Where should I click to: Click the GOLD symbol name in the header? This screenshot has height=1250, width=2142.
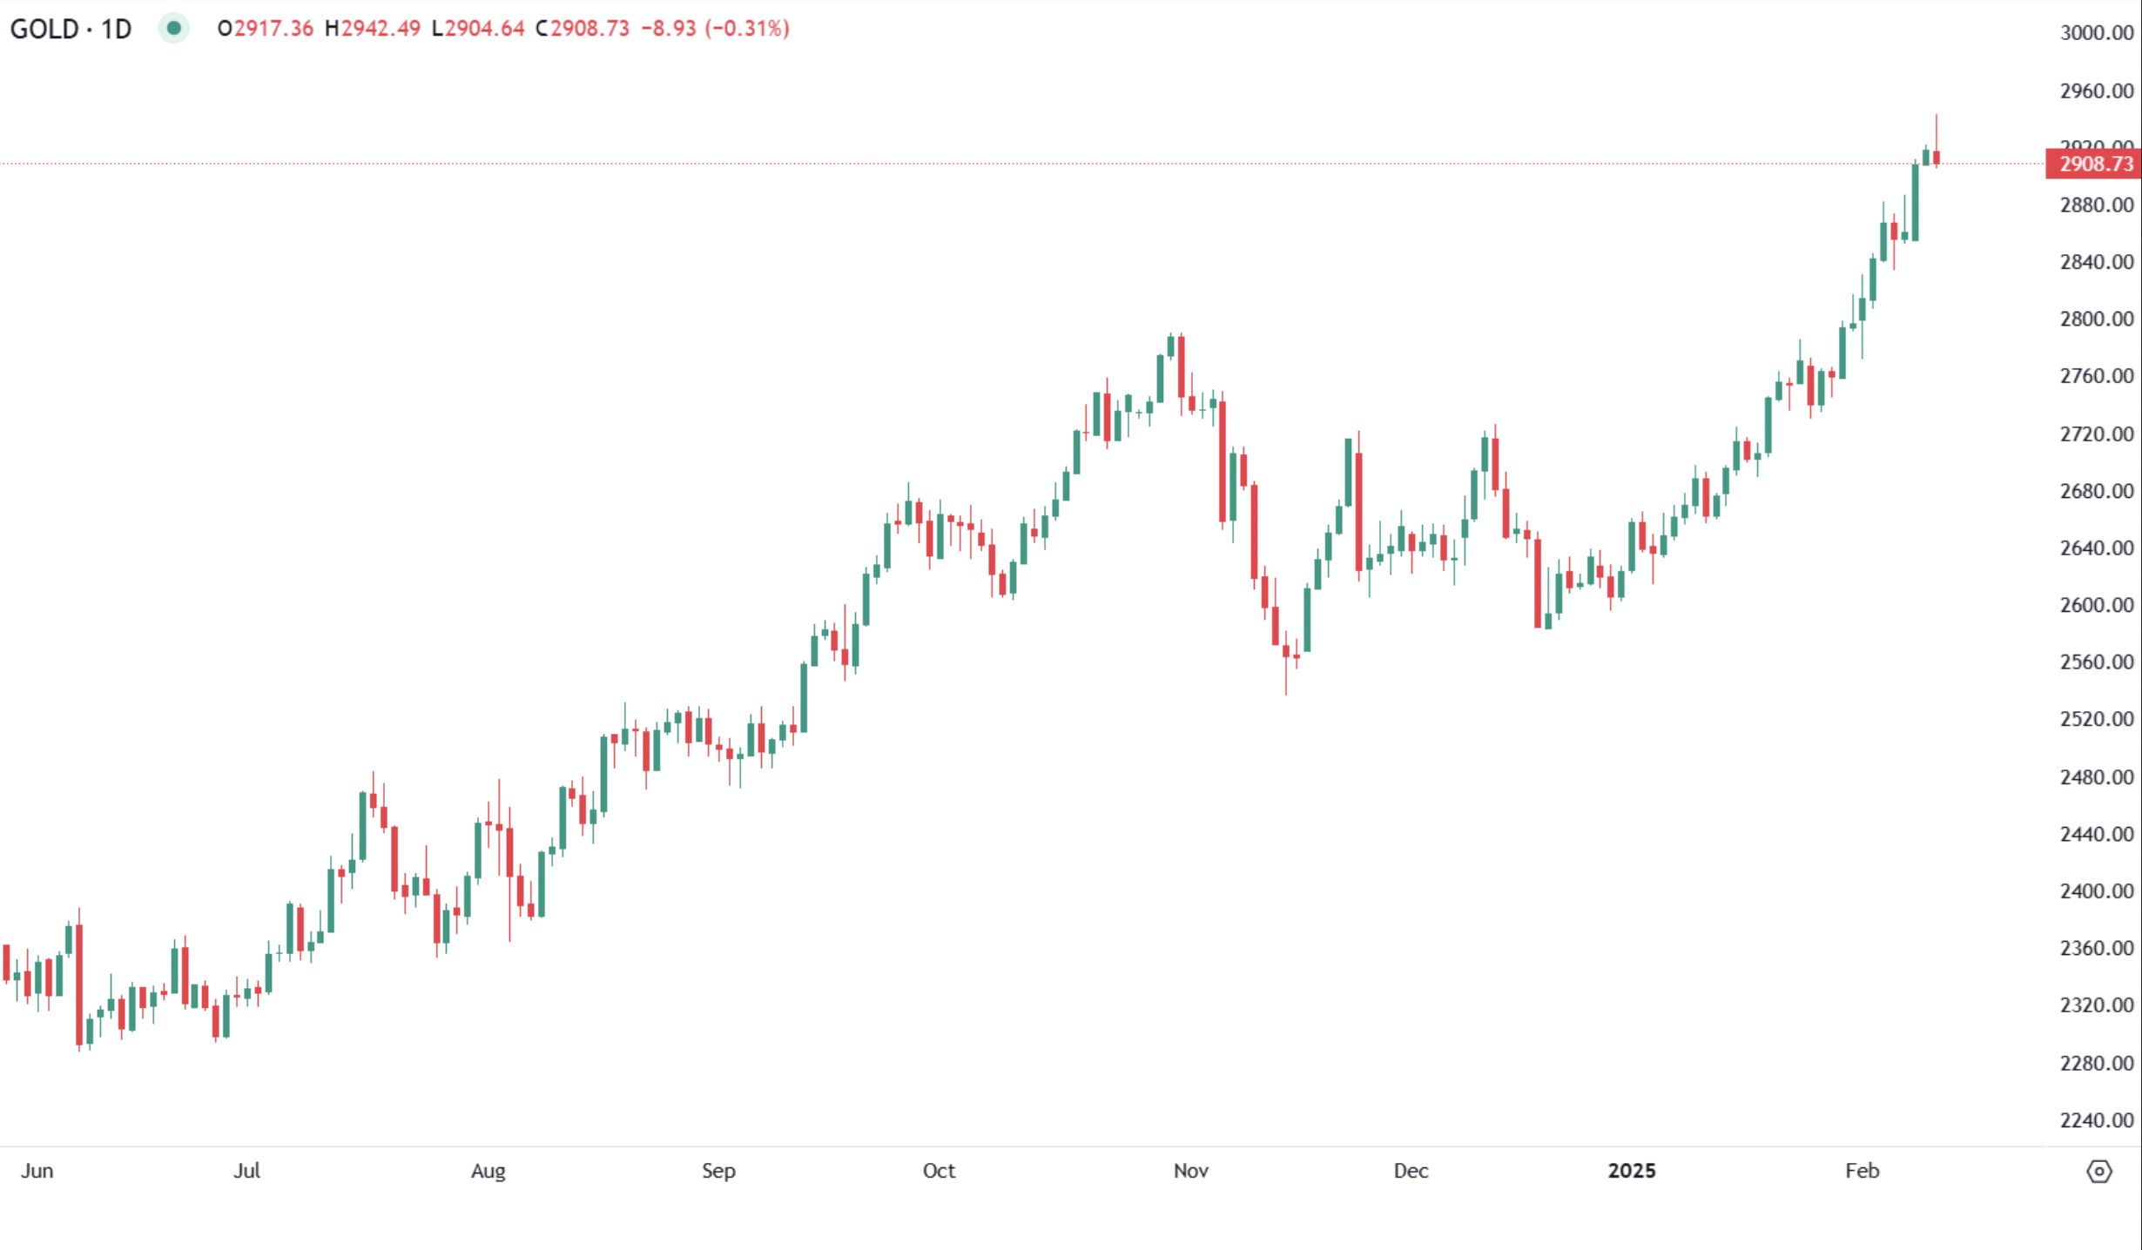[44, 29]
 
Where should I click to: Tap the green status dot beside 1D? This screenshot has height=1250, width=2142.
[174, 28]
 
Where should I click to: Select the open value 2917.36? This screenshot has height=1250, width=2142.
[273, 29]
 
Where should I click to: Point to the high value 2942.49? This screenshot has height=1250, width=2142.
[381, 29]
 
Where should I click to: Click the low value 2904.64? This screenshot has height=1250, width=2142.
[485, 29]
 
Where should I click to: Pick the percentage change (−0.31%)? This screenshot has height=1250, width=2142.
[747, 29]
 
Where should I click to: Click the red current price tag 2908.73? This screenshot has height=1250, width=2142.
[2094, 164]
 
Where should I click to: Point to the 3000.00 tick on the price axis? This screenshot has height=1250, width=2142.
[2097, 33]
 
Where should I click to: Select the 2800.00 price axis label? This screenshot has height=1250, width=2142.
[2097, 319]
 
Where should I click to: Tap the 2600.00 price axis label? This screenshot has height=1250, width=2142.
[2097, 605]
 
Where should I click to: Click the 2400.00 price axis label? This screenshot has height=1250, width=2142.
[2097, 891]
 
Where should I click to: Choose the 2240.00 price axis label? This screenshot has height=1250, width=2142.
[2097, 1120]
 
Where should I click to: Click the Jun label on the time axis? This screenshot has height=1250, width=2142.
[37, 1171]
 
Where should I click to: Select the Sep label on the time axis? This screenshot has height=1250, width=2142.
[718, 1171]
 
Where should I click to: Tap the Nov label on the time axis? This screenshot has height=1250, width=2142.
[1190, 1171]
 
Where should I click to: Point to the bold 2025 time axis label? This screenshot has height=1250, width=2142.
[1631, 1171]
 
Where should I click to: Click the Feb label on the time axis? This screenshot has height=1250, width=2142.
[1862, 1171]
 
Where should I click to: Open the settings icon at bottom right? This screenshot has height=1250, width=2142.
[2099, 1172]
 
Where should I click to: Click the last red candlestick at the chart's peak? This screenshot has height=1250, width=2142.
[1937, 158]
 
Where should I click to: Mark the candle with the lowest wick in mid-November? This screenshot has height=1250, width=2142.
[1286, 651]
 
